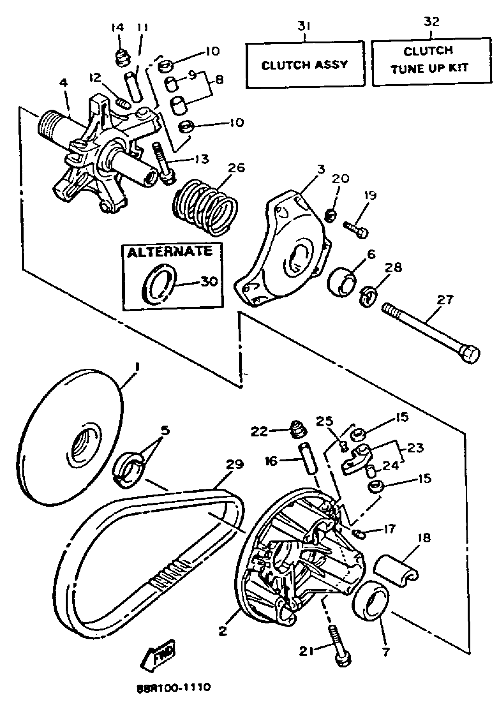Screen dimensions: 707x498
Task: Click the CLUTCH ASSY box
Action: (305, 65)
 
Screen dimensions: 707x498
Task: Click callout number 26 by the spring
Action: (236, 168)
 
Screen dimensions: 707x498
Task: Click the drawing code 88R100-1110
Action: (174, 687)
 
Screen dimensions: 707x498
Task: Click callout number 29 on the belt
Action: (235, 465)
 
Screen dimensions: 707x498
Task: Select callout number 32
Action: (432, 22)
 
